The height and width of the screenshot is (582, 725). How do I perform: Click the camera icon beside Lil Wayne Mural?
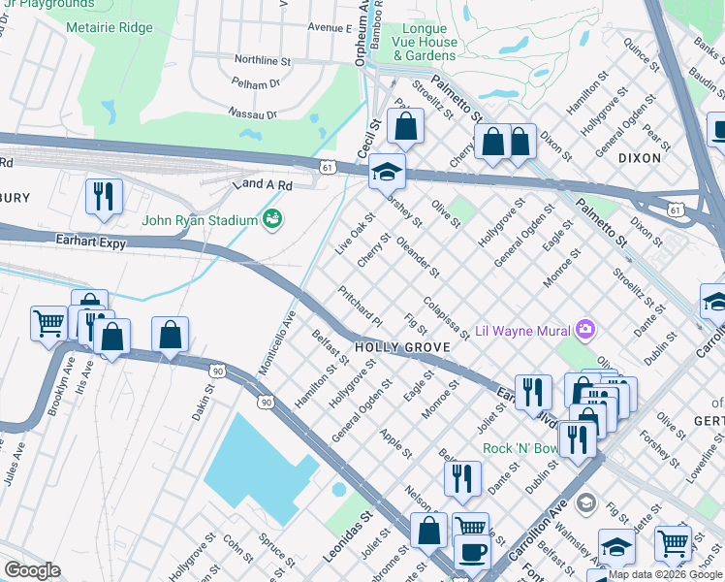click(x=584, y=329)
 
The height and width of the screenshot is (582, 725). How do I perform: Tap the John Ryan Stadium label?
click(x=199, y=219)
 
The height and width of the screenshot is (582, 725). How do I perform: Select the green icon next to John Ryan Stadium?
click(x=273, y=219)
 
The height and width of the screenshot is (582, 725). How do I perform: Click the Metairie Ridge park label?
click(x=110, y=27)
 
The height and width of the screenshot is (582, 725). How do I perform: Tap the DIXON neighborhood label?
click(x=639, y=157)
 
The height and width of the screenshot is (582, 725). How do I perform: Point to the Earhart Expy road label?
click(x=90, y=243)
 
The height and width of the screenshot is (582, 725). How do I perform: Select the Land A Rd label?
click(x=261, y=184)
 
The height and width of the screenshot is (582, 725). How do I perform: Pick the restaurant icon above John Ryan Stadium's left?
click(x=103, y=196)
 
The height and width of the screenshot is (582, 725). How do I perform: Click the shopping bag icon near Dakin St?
click(x=171, y=335)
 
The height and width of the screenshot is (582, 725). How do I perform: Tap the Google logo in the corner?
click(x=31, y=570)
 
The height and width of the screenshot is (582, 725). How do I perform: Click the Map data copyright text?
click(x=666, y=574)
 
